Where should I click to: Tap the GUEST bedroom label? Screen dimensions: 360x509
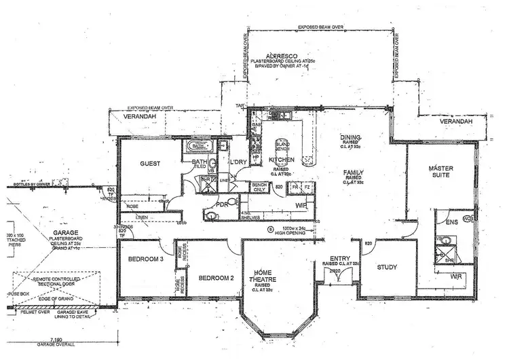[x=149, y=164]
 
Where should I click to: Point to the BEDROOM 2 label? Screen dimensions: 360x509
[x=216, y=277]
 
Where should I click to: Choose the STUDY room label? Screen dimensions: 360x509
[x=387, y=267]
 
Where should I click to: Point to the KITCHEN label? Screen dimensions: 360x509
[x=281, y=160]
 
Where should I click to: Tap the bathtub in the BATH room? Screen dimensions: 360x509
[x=199, y=145]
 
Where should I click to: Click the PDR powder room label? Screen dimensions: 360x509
[x=221, y=204]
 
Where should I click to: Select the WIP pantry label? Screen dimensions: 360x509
[x=301, y=203]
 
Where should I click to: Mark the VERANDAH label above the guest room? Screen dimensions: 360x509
[x=137, y=116]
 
